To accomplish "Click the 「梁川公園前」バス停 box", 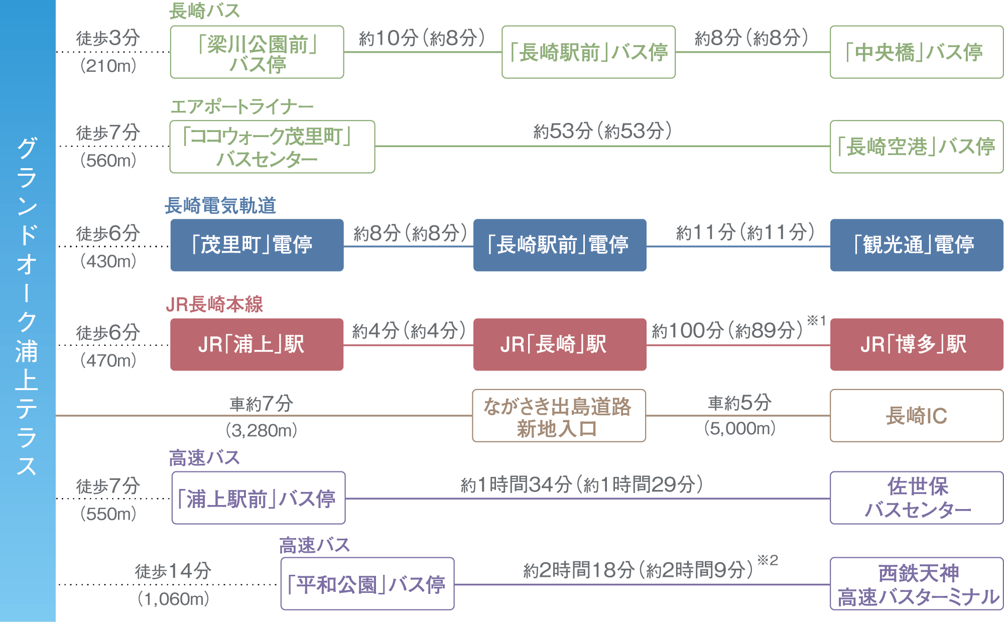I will (x=257, y=52).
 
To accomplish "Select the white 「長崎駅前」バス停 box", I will (x=588, y=52).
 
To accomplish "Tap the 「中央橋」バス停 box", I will (x=916, y=52).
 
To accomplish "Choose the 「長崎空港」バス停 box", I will (x=916, y=147).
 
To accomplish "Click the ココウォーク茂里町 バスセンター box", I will (x=272, y=147).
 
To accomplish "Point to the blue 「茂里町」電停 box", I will (x=257, y=245).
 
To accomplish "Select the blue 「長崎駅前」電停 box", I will (x=560, y=245).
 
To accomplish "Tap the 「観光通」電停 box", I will (x=916, y=245).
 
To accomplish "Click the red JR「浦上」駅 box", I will (x=257, y=344).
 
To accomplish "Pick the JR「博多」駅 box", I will (x=916, y=344).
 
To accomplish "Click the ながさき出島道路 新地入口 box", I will (x=559, y=416).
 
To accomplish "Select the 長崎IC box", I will (x=916, y=416).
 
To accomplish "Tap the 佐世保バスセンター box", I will (x=916, y=498).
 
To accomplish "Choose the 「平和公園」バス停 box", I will (x=367, y=584).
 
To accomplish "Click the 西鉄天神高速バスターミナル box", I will (x=916, y=584).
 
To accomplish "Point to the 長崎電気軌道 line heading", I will (x=220, y=205).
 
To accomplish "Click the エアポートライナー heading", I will (x=241, y=106).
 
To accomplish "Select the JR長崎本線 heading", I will (x=214, y=304).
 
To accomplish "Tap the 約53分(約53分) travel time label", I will (x=602, y=132).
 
